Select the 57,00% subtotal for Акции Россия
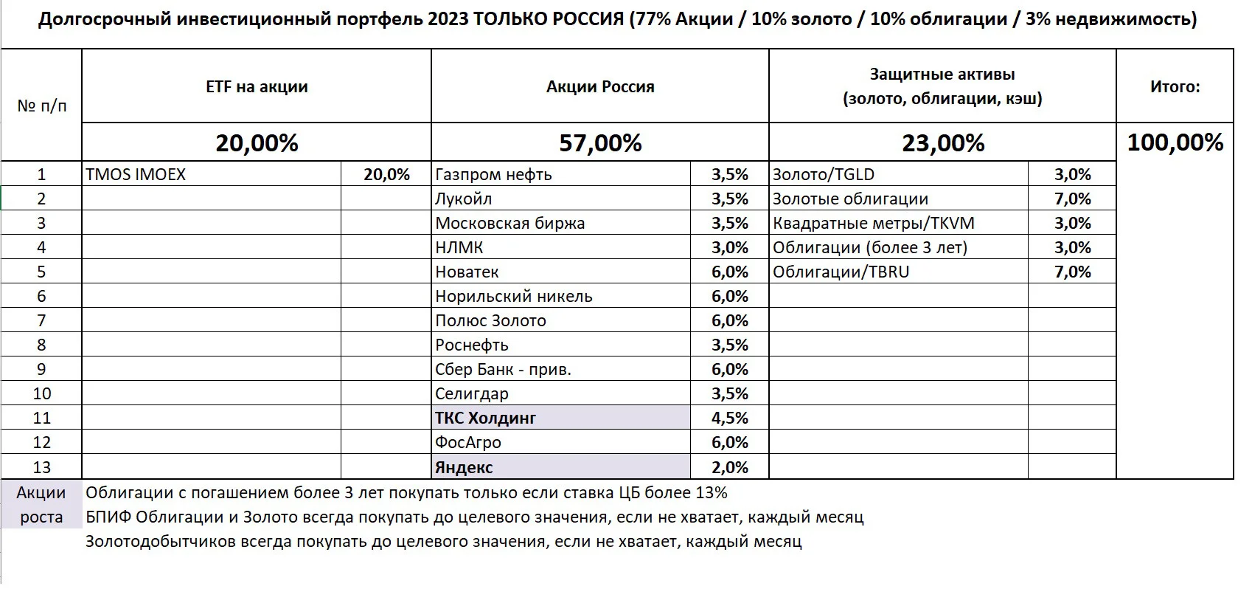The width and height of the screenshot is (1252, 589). coord(600,142)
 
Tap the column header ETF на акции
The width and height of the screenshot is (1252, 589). coord(257,86)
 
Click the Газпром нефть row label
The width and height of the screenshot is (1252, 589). coord(493,174)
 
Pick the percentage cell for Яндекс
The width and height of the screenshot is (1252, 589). coord(729,467)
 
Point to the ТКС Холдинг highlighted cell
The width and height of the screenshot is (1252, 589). coord(561,418)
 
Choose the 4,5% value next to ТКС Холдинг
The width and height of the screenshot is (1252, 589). coord(729,418)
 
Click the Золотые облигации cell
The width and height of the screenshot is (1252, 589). coord(850,199)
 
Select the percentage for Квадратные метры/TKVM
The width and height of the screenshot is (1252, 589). coord(1073,223)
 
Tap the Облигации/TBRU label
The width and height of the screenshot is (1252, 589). coord(841,272)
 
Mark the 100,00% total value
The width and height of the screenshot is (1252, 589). coord(1175,142)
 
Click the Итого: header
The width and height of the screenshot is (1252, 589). coord(1175,86)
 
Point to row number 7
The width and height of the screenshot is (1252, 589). coord(41,320)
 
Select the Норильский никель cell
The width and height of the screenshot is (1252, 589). coord(514,296)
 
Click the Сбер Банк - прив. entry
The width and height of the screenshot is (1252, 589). coord(503,369)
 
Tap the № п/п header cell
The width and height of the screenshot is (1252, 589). coord(41,106)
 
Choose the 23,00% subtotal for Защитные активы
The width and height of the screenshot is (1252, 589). coord(943,142)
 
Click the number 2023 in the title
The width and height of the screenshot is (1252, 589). coord(448,19)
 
